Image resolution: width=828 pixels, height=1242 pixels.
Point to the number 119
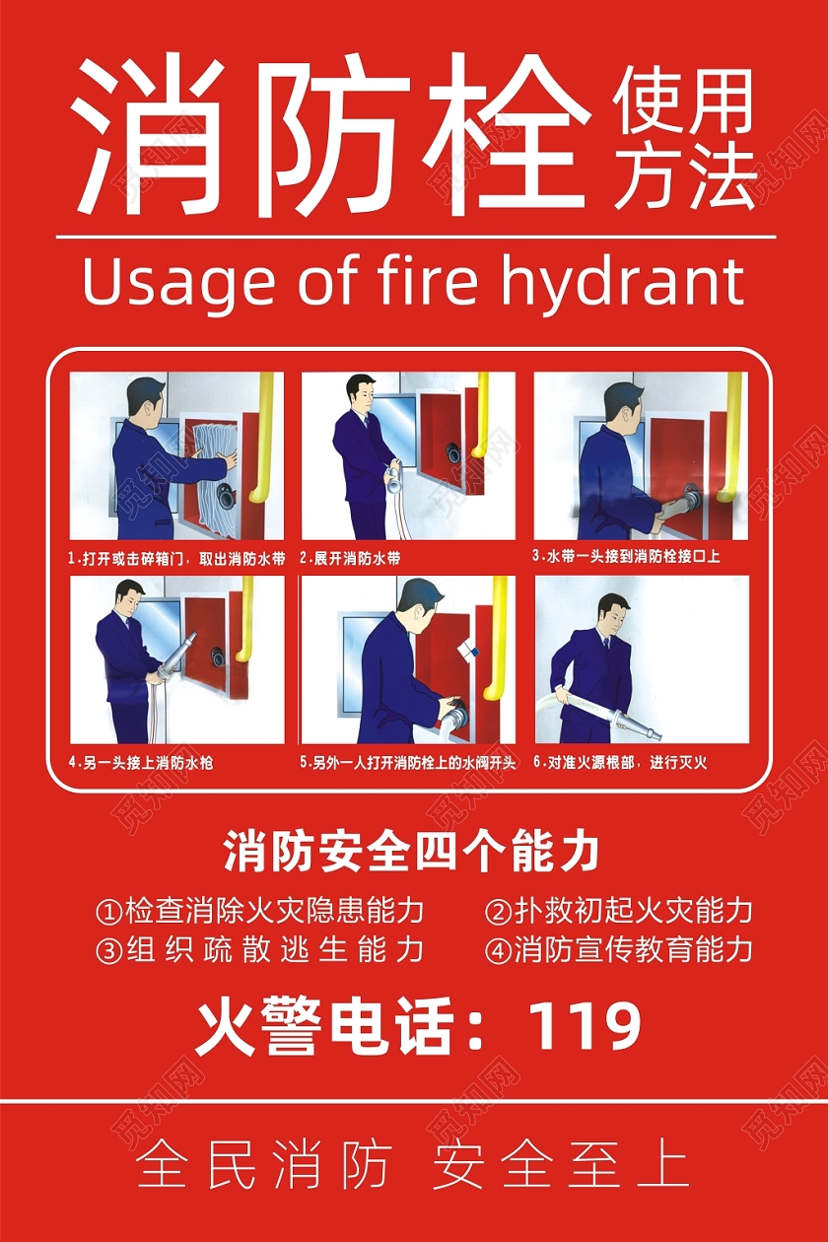pyautogui.click(x=585, y=1025)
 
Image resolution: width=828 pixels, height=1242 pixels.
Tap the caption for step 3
pyautogui.click(x=626, y=556)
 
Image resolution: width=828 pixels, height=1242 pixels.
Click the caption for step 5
pyautogui.click(x=408, y=763)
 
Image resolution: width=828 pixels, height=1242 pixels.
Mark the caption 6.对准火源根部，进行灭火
pyautogui.click(x=620, y=762)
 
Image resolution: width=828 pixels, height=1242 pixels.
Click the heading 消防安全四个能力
pyautogui.click(x=411, y=852)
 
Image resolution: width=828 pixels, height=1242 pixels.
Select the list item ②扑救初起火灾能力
pyautogui.click(x=619, y=910)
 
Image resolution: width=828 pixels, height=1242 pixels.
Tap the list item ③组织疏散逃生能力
pyautogui.click(x=260, y=949)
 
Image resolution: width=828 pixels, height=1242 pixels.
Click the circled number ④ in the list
pyautogui.click(x=498, y=950)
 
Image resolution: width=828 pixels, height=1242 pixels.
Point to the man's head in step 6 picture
pyautogui.click(x=612, y=612)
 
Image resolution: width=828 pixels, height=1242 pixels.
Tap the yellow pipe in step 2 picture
pyautogui.click(x=481, y=419)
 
